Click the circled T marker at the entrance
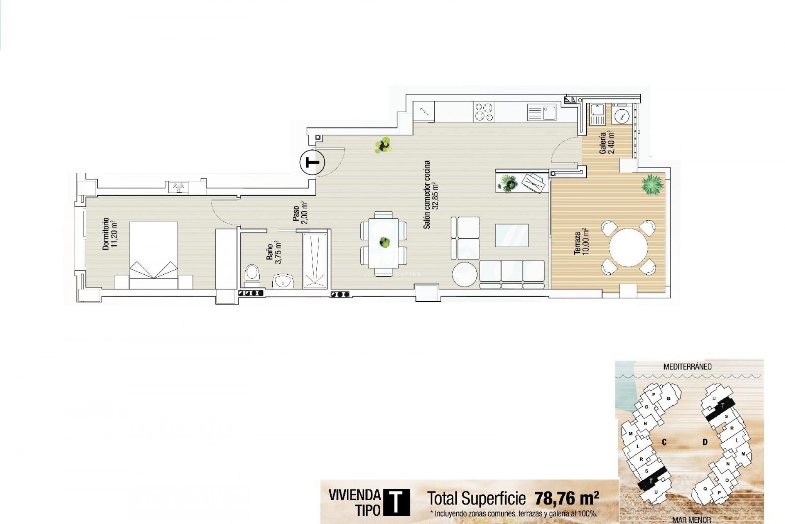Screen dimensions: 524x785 (x=312, y=163)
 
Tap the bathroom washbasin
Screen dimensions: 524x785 (x=283, y=281)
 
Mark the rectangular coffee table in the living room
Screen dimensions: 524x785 (x=511, y=235)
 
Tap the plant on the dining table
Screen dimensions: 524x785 (x=384, y=242)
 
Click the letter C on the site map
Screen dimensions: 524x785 (x=664, y=442)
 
